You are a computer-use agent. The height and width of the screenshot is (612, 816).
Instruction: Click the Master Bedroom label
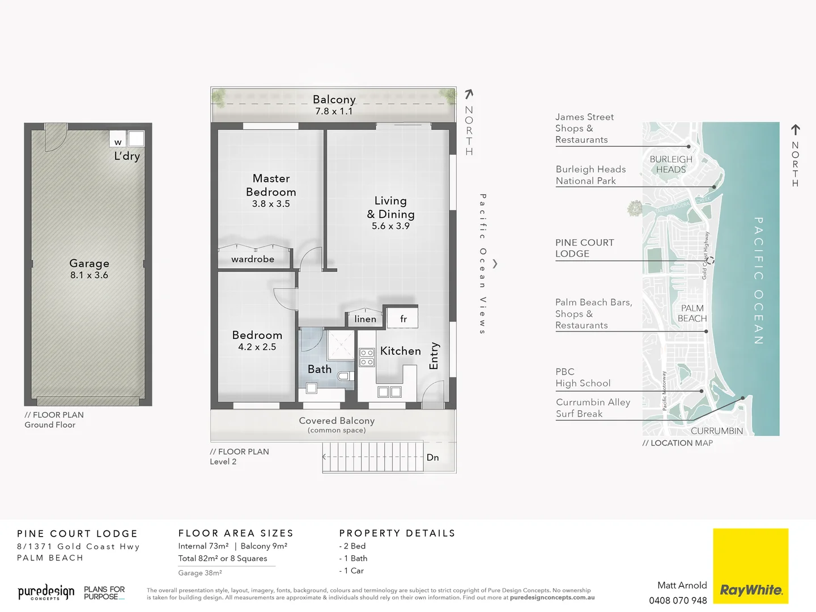pos(271,185)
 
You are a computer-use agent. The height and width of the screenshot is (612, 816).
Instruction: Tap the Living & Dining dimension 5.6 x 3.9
pos(390,226)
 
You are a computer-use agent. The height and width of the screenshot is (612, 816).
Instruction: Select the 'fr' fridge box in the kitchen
pos(403,318)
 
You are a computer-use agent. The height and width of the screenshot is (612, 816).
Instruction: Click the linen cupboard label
pos(365,319)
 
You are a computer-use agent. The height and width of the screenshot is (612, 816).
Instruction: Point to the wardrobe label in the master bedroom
pos(253,259)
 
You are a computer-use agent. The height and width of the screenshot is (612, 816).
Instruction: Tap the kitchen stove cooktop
pos(367,357)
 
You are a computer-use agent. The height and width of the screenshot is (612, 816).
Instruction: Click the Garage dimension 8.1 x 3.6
pos(89,275)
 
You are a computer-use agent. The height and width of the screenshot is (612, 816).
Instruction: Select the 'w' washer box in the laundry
pos(118,142)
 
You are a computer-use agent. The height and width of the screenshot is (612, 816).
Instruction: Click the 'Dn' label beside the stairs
pos(432,457)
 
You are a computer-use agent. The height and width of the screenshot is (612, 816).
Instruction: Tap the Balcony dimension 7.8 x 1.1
pos(334,112)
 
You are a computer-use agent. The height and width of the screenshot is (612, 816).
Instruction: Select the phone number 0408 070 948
pos(678,601)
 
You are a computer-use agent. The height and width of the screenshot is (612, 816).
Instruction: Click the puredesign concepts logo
pos(46,593)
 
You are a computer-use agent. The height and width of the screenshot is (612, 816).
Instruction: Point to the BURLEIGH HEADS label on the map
pos(671,164)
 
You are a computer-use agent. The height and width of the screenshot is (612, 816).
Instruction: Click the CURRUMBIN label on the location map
pos(716,431)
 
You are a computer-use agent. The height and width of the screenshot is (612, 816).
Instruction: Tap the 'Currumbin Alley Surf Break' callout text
pos(593,408)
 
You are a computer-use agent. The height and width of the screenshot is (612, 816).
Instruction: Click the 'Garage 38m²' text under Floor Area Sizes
pos(200,573)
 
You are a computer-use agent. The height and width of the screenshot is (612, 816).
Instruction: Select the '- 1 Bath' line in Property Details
pos(353,558)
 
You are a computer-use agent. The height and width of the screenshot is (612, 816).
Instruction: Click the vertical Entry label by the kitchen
pos(435,355)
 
